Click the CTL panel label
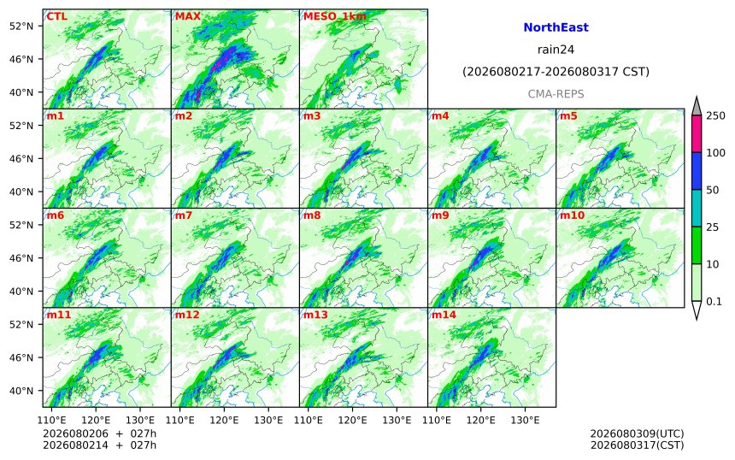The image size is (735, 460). (56, 16)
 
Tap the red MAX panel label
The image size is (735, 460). (187, 16)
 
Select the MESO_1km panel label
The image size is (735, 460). (335, 17)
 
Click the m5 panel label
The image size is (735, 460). (568, 115)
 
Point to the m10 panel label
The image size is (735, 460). (572, 215)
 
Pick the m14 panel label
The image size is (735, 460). (444, 315)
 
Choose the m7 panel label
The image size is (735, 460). (184, 215)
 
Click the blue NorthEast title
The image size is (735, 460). (556, 27)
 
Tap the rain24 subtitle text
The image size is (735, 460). (556, 50)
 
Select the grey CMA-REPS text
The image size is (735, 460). (556, 94)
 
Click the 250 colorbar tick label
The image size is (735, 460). (715, 115)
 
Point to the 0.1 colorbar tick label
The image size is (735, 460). (714, 302)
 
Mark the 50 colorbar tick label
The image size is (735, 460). (713, 190)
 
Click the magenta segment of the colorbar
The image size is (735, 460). (697, 133)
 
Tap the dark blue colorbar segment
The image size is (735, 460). (697, 171)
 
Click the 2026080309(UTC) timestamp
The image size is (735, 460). (637, 433)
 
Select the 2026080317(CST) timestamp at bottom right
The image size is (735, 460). (637, 445)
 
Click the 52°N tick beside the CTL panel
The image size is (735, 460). (21, 26)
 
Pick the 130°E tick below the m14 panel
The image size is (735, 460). (525, 420)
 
